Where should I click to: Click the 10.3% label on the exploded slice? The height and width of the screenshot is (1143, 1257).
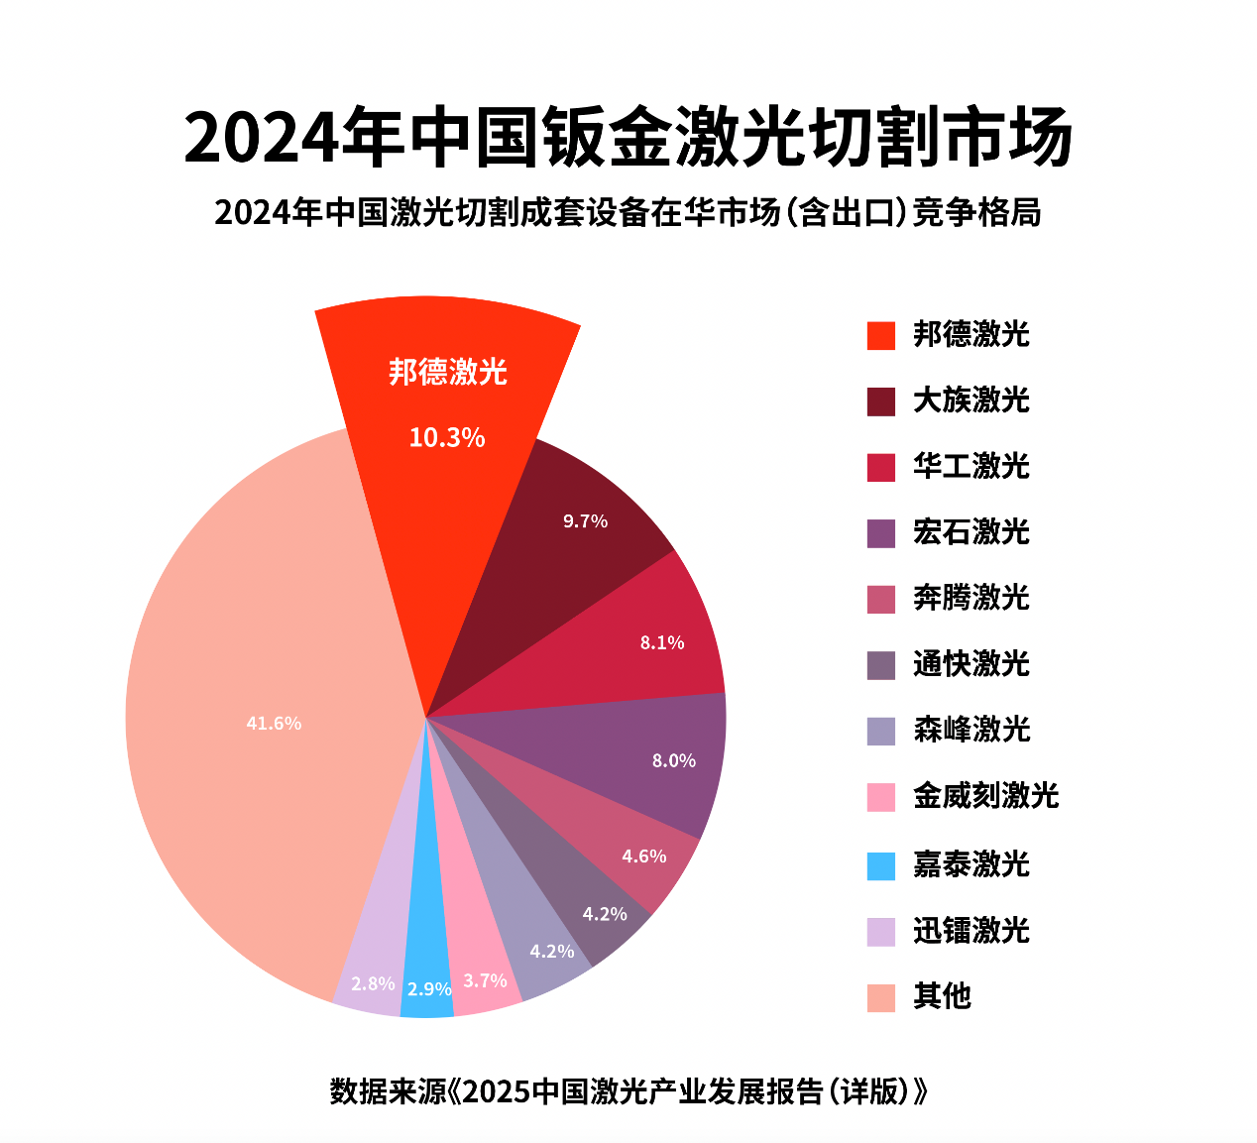(447, 437)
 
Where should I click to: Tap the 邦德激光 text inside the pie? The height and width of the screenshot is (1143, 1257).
(448, 372)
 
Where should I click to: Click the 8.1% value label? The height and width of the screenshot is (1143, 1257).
(662, 642)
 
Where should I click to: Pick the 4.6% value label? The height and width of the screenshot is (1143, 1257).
(644, 856)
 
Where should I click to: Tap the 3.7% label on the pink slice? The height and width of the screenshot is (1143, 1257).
(486, 980)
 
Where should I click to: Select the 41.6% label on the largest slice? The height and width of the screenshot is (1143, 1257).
(274, 724)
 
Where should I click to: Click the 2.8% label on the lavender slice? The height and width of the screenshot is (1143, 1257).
(373, 983)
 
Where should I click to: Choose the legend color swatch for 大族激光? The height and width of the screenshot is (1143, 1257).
(880, 401)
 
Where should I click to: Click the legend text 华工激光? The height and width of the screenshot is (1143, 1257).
(971, 466)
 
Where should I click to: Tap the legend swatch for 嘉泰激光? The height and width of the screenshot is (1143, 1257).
(880, 865)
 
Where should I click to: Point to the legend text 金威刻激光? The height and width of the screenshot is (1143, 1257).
(986, 795)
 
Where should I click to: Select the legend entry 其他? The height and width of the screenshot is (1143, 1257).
(942, 996)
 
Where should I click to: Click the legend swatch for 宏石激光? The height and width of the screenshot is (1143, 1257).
(880, 533)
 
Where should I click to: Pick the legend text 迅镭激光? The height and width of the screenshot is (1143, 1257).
(971, 930)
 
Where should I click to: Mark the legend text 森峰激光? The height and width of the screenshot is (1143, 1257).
(971, 730)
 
